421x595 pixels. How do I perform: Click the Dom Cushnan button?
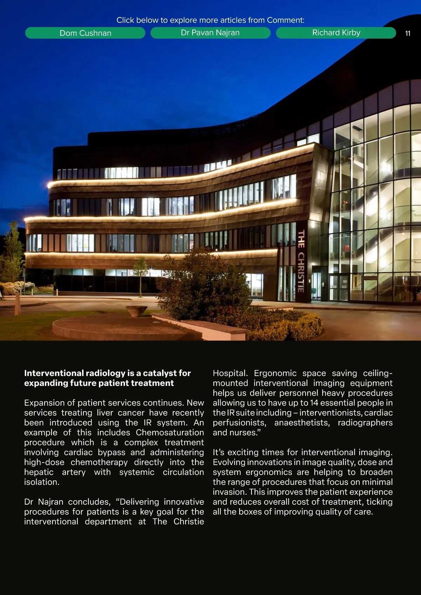[85, 33]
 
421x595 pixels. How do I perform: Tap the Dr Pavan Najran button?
[210, 33]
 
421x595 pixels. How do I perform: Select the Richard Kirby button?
[336, 33]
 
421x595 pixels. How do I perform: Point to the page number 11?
[408, 33]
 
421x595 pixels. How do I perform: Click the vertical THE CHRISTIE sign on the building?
[301, 261]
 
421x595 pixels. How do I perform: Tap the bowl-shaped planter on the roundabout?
[136, 310]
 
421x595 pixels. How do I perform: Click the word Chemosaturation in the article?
[170, 433]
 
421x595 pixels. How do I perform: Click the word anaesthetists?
[302, 423]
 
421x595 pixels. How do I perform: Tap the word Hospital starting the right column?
[230, 373]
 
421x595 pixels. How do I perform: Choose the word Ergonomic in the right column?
[275, 373]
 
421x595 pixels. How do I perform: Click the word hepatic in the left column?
[39, 472]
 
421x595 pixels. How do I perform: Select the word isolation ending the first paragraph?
[41, 482]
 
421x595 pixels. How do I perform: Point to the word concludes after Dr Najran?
[89, 502]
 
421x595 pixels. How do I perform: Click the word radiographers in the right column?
[365, 423]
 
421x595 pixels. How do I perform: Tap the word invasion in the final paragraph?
[229, 492]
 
